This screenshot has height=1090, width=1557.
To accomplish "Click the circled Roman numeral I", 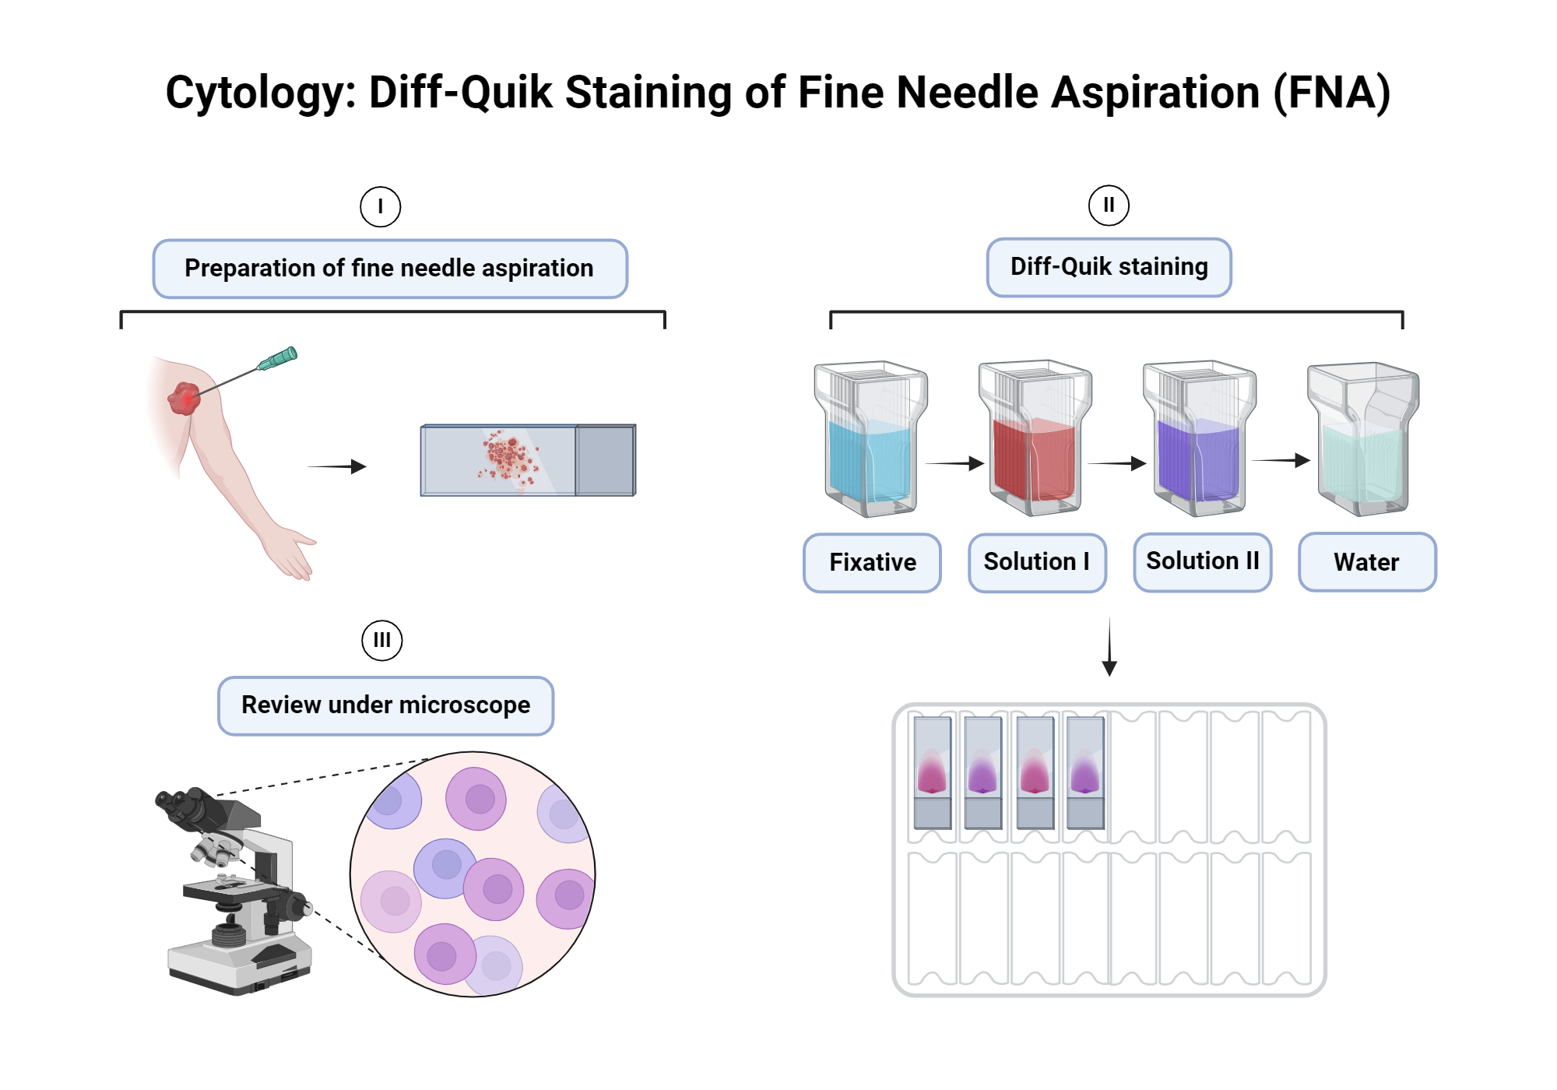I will point(380,207).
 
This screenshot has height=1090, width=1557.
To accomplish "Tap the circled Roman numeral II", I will point(1109,206).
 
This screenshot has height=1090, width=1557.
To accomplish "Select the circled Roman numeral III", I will point(381,640).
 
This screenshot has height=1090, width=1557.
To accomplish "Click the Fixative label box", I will point(872,562).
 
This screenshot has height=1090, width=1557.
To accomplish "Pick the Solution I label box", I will point(1037,562).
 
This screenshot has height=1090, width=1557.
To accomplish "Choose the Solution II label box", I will point(1202,561).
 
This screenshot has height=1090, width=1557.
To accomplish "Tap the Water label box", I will point(1366,562).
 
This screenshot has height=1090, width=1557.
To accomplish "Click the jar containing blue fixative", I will point(870,440).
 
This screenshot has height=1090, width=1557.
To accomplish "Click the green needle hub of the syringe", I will point(278,358).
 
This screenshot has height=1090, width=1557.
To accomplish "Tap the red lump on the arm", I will point(184,398).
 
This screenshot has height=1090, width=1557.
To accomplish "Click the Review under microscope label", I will point(385,705).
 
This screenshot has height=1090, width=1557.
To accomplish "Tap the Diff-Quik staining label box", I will point(1109,267).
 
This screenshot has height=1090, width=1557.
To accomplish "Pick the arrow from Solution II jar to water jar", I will point(1281,460).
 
